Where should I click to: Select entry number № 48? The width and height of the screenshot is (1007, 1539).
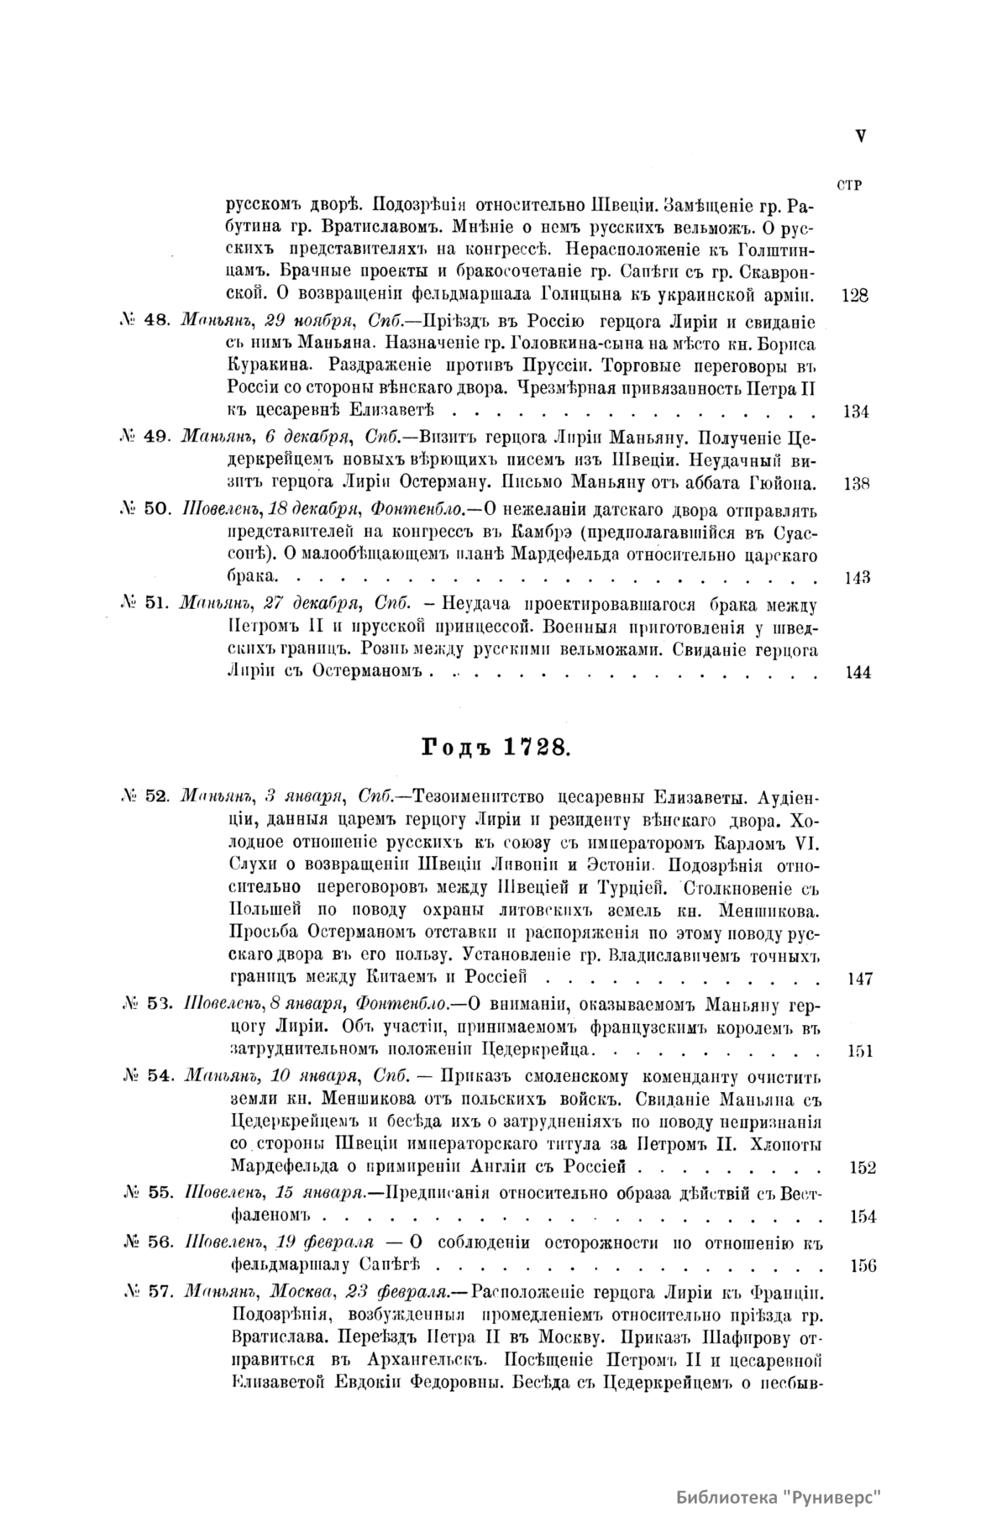coord(146,320)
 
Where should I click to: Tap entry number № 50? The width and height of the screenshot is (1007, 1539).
coord(146,509)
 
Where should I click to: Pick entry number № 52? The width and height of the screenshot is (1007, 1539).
coord(146,796)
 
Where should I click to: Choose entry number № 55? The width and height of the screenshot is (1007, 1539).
coord(146,1192)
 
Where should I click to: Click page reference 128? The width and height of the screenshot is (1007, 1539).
coord(854,296)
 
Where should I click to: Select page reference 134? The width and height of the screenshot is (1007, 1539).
coord(854,412)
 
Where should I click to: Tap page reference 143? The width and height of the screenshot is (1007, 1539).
coord(854,577)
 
